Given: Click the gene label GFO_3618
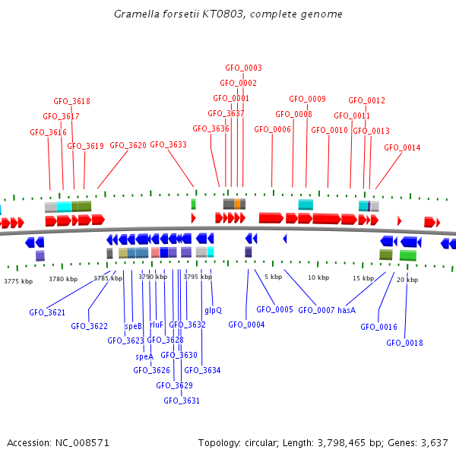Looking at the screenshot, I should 71,101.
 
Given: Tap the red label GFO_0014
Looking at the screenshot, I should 402,147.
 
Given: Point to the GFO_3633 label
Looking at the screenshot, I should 168,144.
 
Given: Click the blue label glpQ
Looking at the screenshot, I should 213,310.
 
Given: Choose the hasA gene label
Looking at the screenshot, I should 347,310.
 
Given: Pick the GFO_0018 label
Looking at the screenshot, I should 404,343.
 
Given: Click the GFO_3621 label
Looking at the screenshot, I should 47,312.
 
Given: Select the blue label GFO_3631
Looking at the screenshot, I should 182,401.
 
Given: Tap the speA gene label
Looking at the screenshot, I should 144,356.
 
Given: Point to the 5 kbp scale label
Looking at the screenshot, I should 274,277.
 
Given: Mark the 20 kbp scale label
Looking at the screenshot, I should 407,280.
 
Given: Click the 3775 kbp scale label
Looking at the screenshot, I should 18,281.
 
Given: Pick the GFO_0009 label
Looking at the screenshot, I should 307,99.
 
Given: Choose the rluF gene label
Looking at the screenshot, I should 157,325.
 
